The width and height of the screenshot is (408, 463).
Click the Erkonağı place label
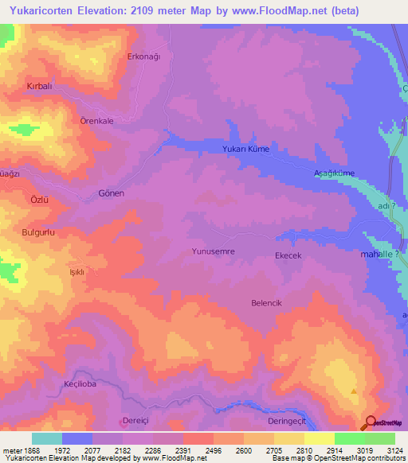tap(144, 56)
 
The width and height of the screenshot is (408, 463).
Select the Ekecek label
tap(288, 255)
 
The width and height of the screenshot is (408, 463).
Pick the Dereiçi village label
tap(135, 422)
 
